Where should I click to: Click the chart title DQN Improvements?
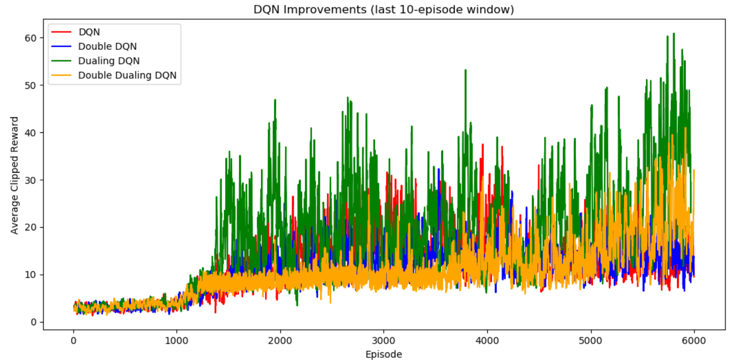click(x=384, y=10)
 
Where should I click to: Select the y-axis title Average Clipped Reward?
click(x=15, y=175)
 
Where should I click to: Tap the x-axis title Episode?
click(x=384, y=354)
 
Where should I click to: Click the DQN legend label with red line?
click(x=89, y=32)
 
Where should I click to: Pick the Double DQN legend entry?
click(x=107, y=46)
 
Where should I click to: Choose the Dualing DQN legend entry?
click(x=109, y=61)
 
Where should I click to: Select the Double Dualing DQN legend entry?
click(x=127, y=75)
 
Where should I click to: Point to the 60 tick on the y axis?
click(x=31, y=38)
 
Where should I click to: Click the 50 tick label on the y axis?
click(x=31, y=85)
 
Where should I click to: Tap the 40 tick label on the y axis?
click(x=31, y=133)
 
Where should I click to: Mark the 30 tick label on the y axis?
click(x=31, y=180)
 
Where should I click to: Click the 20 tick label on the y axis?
click(x=31, y=227)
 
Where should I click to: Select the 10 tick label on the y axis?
click(x=31, y=275)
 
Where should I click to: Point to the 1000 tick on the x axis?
click(x=177, y=340)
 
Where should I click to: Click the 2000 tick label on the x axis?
click(x=280, y=340)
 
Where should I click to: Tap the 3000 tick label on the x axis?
click(x=384, y=340)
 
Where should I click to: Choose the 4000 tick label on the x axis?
click(x=487, y=340)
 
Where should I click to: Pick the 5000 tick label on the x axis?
click(x=591, y=340)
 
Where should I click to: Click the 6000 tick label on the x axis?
click(x=694, y=340)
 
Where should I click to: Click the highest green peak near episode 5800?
click(x=674, y=34)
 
